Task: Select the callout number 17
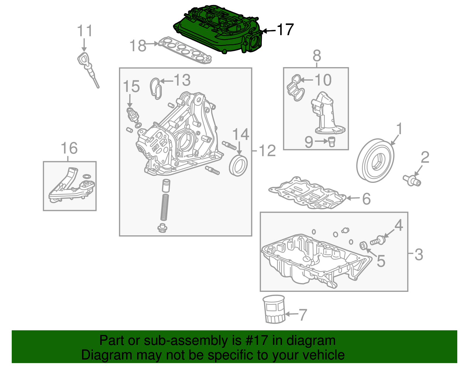coord(285,30)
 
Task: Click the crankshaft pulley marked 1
coord(375,161)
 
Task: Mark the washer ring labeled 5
coord(363,245)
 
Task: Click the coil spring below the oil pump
coord(165,207)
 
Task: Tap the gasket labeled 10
coord(295,88)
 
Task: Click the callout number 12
coord(267,151)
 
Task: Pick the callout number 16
coord(69,148)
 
